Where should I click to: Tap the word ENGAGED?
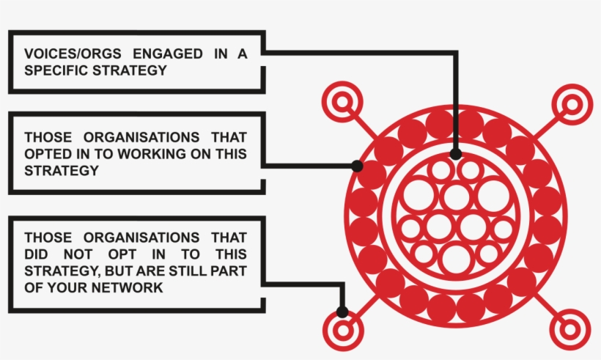coord(168,54)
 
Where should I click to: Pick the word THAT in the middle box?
coord(229,137)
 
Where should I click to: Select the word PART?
coord(229,271)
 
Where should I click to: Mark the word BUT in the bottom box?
coord(118,271)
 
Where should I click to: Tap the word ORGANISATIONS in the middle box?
coord(141,137)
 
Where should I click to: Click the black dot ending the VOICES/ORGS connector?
coord(456,154)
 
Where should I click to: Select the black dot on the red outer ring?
coord(357,166)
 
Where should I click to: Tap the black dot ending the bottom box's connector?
coord(342,312)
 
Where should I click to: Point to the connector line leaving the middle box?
coord(309,166)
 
